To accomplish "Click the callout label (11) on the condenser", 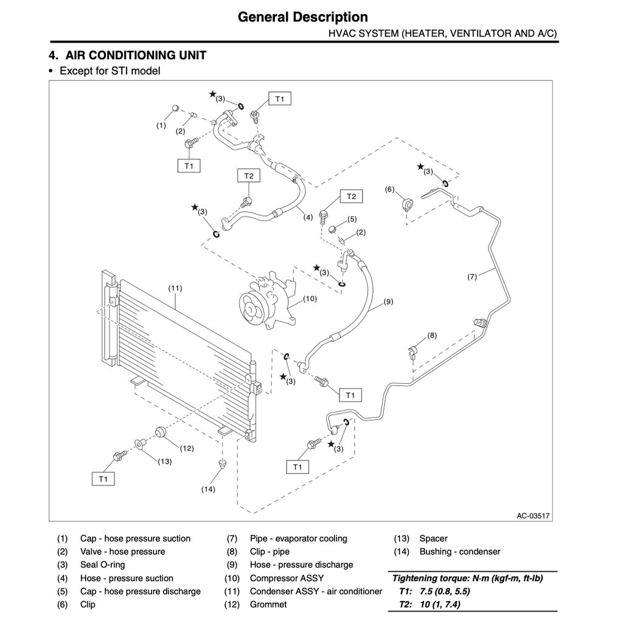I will (175, 287).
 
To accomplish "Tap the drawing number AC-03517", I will (533, 515).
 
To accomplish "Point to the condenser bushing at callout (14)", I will (223, 466).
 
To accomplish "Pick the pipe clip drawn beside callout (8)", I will (412, 352).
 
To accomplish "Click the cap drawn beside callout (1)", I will (175, 108).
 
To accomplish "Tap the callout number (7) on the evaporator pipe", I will (472, 276).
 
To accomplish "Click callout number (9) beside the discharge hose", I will (389, 301).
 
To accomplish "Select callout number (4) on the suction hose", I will (308, 217).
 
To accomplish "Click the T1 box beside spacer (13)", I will (103, 479).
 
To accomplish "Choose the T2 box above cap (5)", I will (351, 196).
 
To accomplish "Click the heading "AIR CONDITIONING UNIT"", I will (136, 55).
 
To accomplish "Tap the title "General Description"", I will (303, 17).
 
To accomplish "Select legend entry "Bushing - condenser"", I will (459, 551).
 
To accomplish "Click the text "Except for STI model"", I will (110, 71).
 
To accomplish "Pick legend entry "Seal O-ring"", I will (102, 565).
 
